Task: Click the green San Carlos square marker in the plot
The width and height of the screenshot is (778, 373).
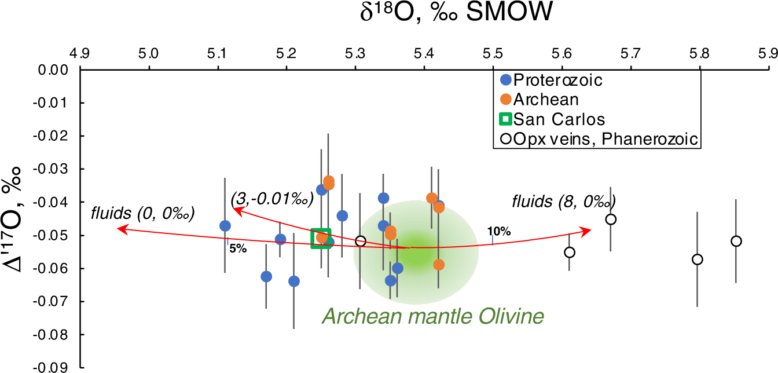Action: pyautogui.click(x=321, y=238)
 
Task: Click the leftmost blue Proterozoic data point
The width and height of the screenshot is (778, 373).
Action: pyautogui.click(x=225, y=226)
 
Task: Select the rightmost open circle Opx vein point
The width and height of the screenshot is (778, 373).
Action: pyautogui.click(x=736, y=241)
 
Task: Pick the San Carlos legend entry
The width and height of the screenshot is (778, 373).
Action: pyautogui.click(x=552, y=119)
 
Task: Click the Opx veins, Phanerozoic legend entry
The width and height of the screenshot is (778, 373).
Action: pyautogui.click(x=598, y=139)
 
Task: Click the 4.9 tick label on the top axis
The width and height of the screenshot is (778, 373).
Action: pyautogui.click(x=80, y=54)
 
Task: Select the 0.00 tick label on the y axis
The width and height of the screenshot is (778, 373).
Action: pyautogui.click(x=56, y=70)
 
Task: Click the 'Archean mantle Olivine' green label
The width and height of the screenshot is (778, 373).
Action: pyautogui.click(x=433, y=317)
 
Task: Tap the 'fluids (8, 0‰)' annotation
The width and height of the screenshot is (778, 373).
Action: pyautogui.click(x=563, y=202)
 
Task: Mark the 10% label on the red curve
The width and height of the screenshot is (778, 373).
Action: pyautogui.click(x=502, y=232)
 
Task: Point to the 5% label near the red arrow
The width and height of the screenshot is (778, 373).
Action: pyautogui.click(x=238, y=249)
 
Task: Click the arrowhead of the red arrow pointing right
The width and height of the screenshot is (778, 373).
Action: pyautogui.click(x=588, y=231)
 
